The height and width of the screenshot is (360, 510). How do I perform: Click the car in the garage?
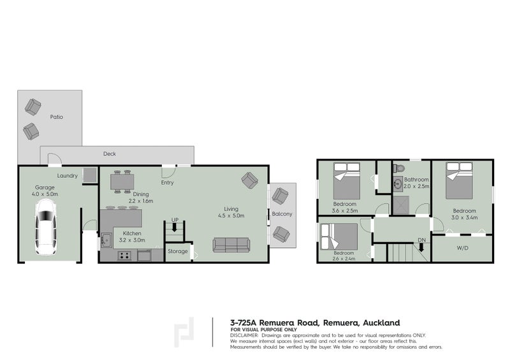pos(46,227)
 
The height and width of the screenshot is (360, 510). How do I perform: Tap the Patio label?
pos(57,117)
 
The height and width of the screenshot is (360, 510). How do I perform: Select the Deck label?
pos(110,154)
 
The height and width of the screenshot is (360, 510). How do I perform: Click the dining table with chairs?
pos(122,182)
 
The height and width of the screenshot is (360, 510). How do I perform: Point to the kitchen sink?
pos(106,240)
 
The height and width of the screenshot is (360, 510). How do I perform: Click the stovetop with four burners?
pos(124,256)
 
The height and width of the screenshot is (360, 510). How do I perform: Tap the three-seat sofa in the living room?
pos(231,245)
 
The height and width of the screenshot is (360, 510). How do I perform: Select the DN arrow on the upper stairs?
pos(421,247)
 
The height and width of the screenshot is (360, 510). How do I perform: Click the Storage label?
pos(178,251)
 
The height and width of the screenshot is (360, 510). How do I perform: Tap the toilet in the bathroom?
pos(399,168)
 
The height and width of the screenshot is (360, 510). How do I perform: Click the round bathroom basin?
pos(397,184)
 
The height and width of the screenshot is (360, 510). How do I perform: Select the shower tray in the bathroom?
pos(400,205)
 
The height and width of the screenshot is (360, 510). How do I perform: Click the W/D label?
pos(463,248)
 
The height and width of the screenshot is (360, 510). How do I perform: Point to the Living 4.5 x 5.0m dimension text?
pos(231,212)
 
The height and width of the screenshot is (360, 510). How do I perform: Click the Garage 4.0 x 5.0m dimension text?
pos(45,191)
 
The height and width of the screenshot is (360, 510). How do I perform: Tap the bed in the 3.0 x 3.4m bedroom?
pos(459,181)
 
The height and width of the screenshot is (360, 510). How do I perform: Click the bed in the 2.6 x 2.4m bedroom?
pos(339,236)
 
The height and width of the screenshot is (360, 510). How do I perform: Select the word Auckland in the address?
pos(381,323)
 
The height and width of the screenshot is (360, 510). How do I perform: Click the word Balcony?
pos(282,214)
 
